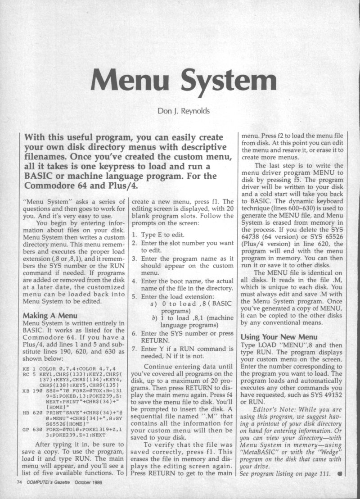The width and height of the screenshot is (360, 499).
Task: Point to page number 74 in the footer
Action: click(19, 482)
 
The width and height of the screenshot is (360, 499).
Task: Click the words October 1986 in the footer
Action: click(107, 482)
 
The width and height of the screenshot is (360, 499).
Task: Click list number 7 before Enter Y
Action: click(134, 349)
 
